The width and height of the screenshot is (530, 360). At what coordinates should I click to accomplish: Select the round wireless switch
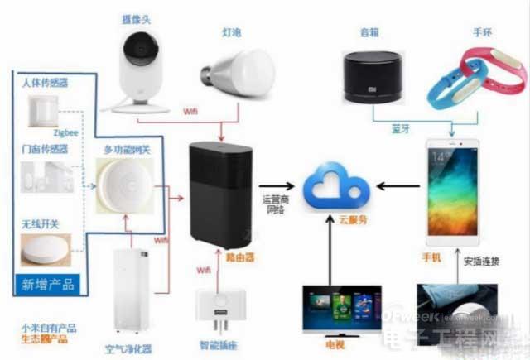[44, 249]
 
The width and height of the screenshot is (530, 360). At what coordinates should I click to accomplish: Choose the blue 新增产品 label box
[48, 285]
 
